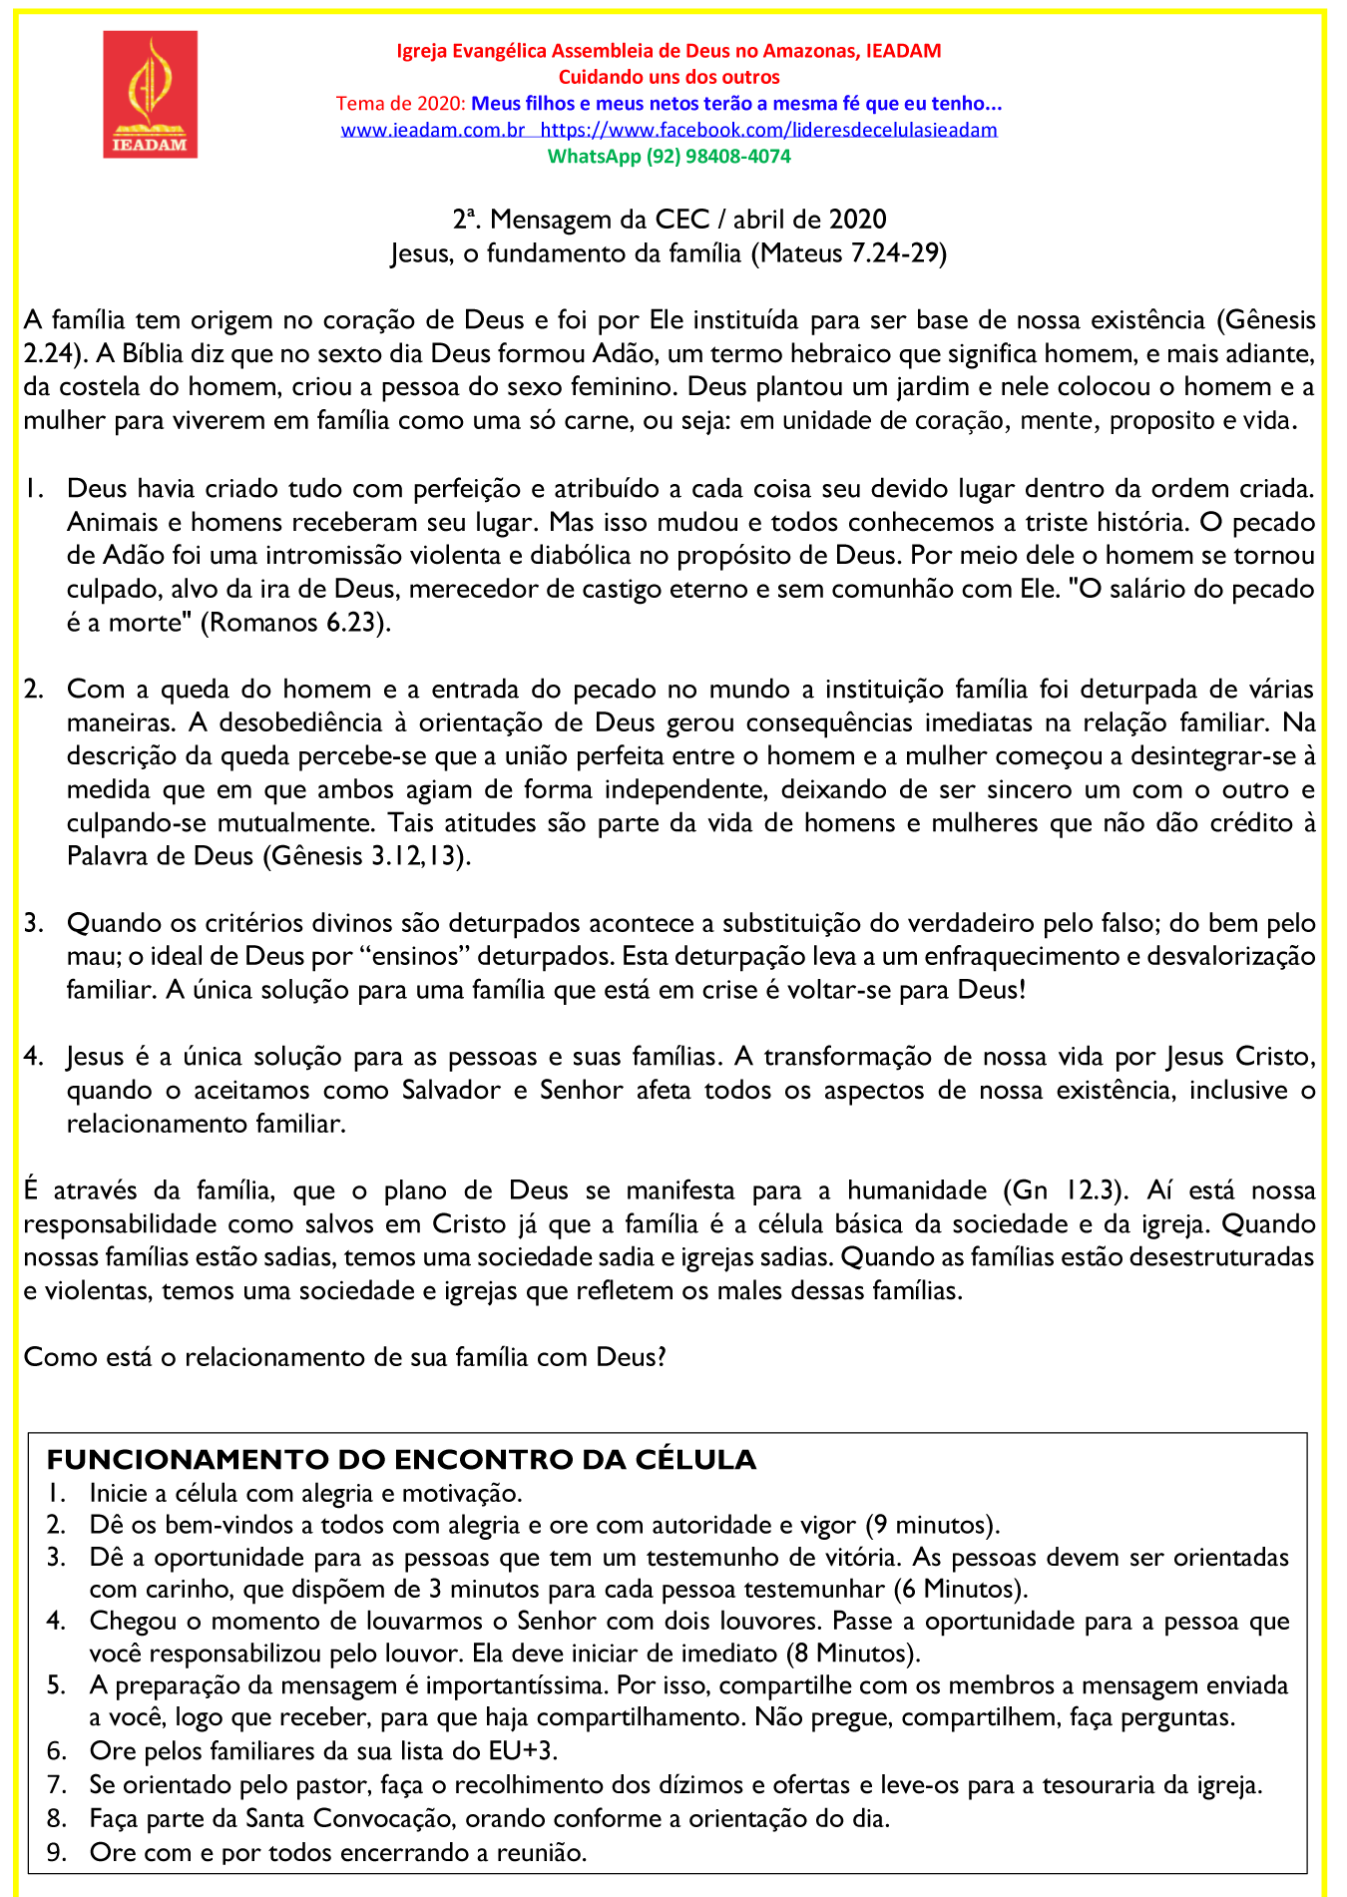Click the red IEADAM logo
click(x=150, y=94)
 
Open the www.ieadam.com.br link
click(x=432, y=130)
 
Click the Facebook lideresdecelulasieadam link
click(x=768, y=130)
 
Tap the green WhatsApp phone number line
click(x=669, y=157)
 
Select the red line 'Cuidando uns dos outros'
click(x=669, y=77)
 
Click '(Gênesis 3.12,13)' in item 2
click(x=366, y=857)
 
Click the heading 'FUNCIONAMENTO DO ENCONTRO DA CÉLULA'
click(x=401, y=1460)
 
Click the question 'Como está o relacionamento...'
click(x=344, y=1358)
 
